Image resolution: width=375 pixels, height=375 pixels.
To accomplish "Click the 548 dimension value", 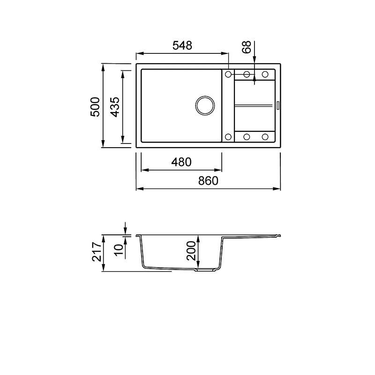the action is [182, 45].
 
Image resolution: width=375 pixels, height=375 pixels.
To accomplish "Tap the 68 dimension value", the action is [247, 47].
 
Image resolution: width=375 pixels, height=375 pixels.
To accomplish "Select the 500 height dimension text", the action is [95, 107].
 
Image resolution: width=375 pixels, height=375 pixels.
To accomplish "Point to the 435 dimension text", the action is [115, 107].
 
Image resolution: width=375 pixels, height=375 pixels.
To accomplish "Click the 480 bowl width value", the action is [181, 162].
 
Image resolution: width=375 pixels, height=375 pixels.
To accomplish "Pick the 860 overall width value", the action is [208, 181].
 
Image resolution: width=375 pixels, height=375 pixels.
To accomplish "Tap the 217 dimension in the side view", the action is [97, 251].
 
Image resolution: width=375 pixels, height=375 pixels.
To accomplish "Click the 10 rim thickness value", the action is [119, 250].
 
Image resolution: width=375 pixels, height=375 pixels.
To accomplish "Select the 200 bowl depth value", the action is [191, 251].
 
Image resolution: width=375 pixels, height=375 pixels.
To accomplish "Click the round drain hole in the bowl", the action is [205, 97].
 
